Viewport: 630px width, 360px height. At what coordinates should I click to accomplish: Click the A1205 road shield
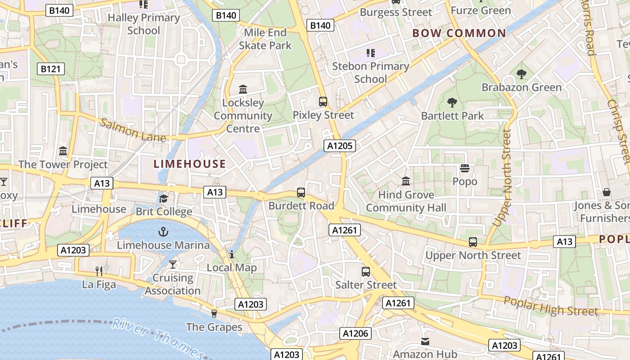[340, 146]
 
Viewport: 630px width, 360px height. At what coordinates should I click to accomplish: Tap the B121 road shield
[50, 69]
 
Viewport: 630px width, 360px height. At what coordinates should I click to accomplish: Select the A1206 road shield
[355, 333]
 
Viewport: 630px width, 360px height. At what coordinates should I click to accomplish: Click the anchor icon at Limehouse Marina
[163, 232]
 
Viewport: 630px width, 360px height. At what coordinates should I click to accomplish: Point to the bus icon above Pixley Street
[323, 101]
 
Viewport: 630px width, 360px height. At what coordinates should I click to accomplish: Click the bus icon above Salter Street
[366, 272]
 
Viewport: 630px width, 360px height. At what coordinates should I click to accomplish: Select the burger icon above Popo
[465, 168]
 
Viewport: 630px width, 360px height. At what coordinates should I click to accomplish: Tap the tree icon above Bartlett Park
[452, 103]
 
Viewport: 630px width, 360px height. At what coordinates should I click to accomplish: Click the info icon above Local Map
[232, 254]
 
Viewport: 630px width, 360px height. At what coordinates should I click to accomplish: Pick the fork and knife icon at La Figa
[99, 271]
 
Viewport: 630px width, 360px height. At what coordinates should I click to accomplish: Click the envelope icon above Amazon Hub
[425, 342]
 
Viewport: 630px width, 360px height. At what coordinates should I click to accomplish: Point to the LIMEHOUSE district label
[190, 164]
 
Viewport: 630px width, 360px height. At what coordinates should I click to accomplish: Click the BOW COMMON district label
[459, 33]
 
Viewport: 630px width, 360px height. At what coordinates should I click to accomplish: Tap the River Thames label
[157, 337]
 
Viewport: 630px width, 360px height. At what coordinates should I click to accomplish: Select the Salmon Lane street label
[133, 130]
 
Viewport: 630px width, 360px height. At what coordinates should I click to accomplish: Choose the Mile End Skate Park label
[265, 39]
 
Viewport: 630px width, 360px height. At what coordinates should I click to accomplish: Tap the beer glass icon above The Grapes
[214, 313]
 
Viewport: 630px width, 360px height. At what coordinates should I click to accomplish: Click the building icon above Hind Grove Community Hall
[406, 181]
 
